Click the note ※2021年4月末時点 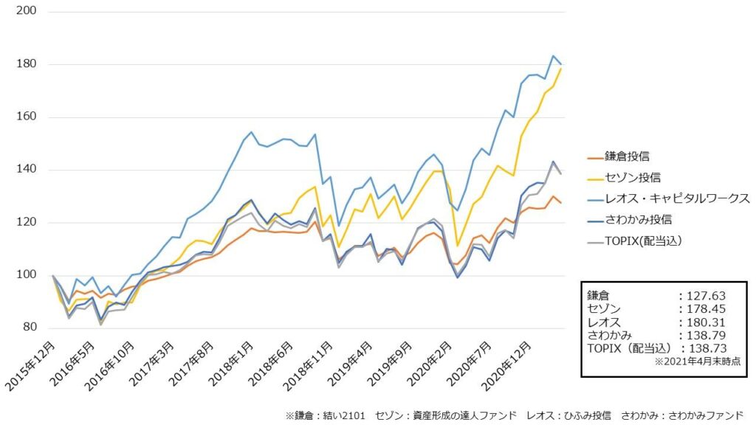tap(697, 361)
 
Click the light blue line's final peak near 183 tap(554, 56)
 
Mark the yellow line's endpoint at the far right tap(562, 69)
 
